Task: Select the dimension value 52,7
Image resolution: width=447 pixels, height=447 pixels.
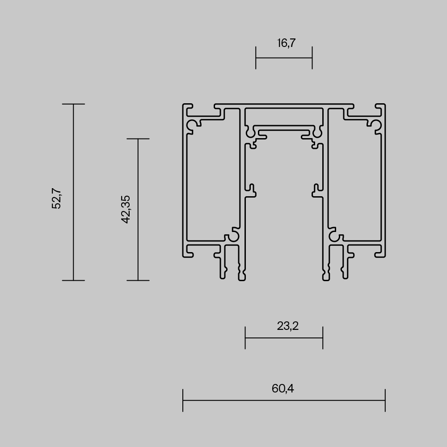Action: click(x=57, y=198)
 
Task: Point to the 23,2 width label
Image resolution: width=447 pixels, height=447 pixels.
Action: click(x=287, y=326)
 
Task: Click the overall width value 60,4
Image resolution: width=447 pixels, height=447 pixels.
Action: click(x=283, y=388)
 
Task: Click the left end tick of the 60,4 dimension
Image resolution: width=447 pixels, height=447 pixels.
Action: click(x=183, y=400)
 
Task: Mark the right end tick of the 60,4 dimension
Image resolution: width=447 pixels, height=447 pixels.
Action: click(x=385, y=400)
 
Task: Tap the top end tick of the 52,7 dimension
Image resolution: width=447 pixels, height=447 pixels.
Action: click(x=73, y=104)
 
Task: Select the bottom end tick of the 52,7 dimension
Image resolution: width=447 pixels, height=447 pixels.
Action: click(x=73, y=280)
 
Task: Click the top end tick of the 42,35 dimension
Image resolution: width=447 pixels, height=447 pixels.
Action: click(x=138, y=139)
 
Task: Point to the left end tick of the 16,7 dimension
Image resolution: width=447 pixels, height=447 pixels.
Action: click(x=256, y=58)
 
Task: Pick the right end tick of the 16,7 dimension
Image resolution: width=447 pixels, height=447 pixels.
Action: click(x=312, y=58)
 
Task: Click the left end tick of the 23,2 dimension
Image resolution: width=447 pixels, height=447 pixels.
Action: click(x=245, y=337)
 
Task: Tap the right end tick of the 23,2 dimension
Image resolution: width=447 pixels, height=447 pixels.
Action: click(x=323, y=337)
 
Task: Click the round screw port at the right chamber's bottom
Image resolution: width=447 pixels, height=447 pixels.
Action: click(x=333, y=236)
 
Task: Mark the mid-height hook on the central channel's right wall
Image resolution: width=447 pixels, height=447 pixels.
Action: click(x=316, y=190)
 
